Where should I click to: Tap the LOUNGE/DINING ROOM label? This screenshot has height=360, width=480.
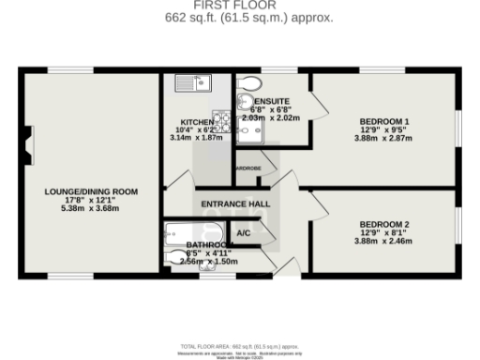pos(92,191)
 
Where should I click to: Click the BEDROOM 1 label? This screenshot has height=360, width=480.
pos(384,122)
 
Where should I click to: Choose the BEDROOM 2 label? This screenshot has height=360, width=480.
pos(384,224)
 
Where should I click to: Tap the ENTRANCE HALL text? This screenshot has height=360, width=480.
pos(234,203)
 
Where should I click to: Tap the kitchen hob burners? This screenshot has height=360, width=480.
pos(223,120)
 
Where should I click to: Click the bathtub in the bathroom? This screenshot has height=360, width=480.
pos(193,232)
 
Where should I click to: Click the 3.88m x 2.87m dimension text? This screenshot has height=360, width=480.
pos(384,139)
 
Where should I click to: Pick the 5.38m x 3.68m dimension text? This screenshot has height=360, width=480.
pos(92,208)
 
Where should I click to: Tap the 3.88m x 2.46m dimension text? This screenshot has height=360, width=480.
pos(384,241)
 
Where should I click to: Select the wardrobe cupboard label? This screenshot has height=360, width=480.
pos(248,168)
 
